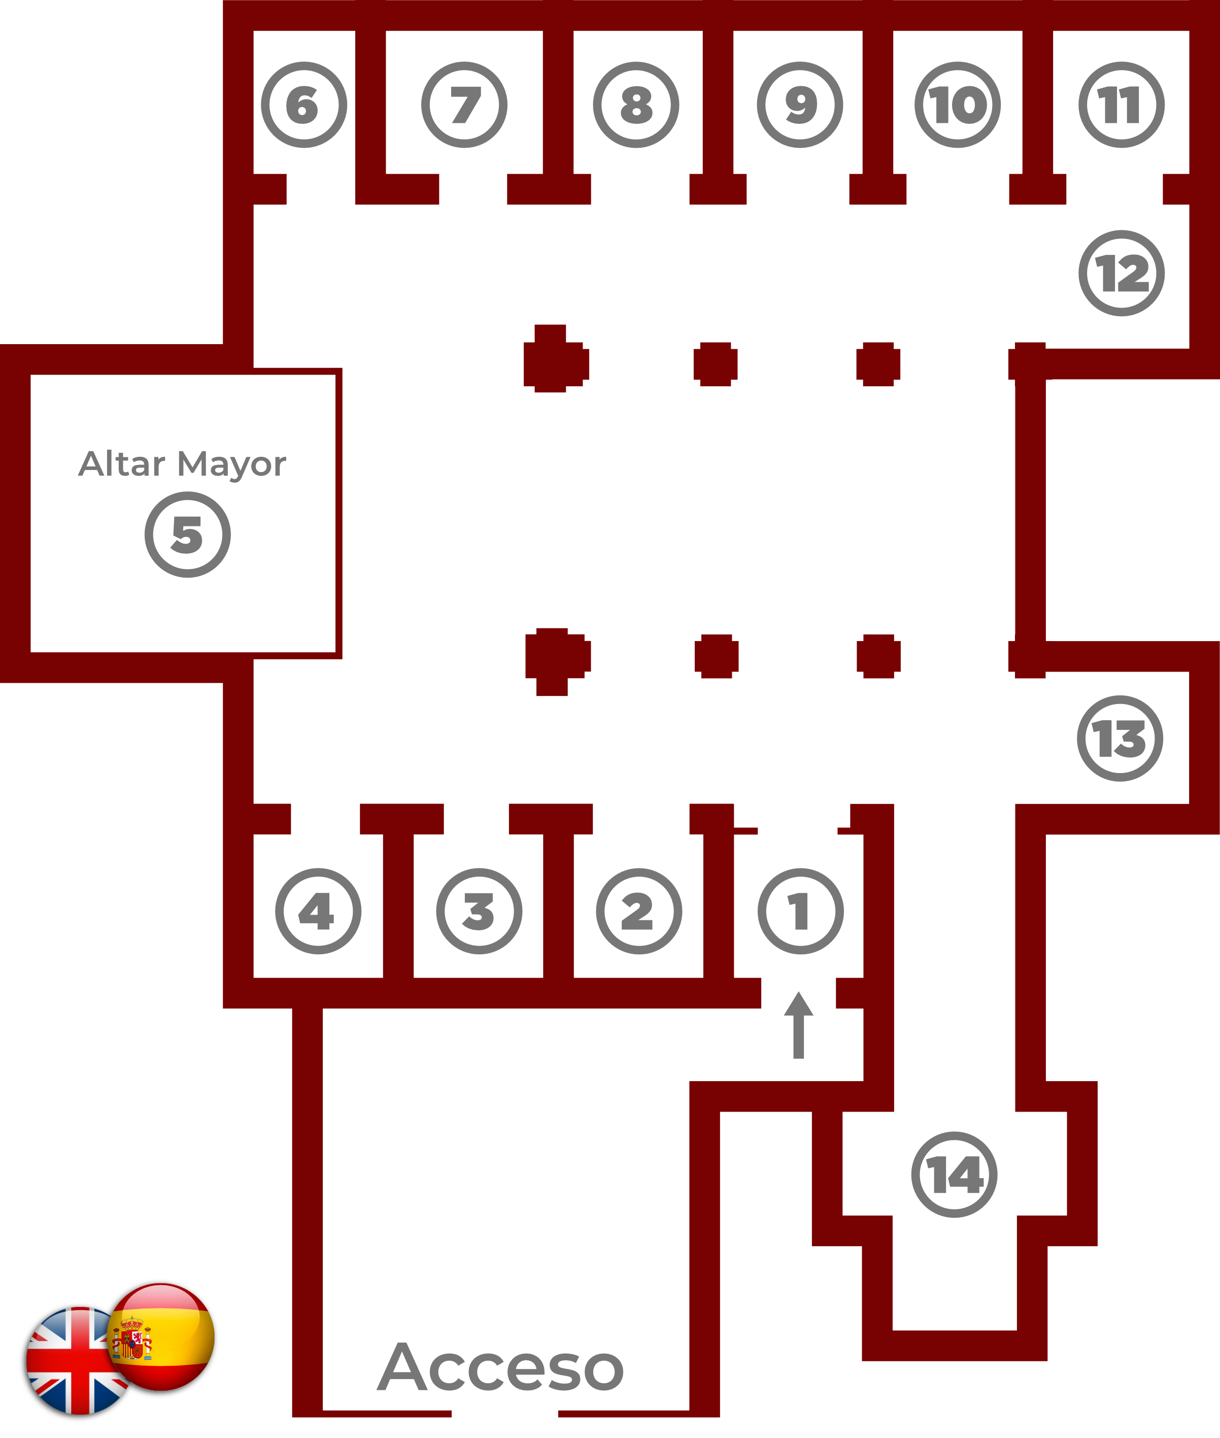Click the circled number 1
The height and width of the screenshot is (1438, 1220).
(800, 911)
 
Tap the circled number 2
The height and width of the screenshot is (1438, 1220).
(638, 911)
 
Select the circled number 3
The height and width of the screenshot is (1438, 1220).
(479, 911)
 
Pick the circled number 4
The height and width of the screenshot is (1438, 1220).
(318, 911)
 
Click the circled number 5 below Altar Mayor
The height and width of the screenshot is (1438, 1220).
(187, 534)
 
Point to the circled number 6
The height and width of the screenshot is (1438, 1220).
(303, 105)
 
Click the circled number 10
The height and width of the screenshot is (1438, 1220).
(957, 105)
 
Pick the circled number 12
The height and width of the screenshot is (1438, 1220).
(1121, 273)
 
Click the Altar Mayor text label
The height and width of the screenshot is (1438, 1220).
(182, 464)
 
